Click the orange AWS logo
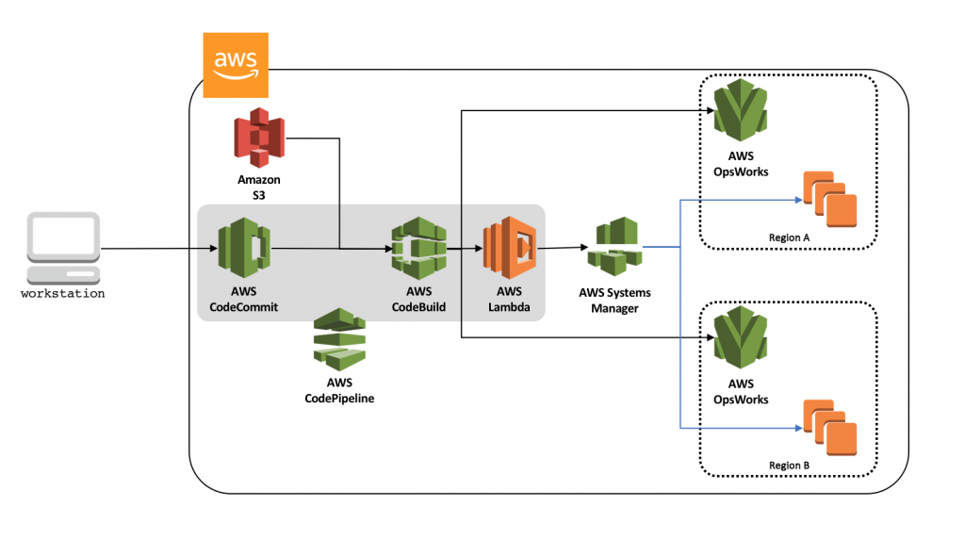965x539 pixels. click(236, 65)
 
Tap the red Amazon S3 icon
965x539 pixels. click(259, 138)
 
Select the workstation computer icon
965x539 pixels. click(63, 247)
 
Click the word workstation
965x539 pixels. click(63, 294)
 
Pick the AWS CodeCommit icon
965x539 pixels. click(243, 248)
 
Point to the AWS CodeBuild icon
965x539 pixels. click(418, 248)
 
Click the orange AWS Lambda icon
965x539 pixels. click(509, 248)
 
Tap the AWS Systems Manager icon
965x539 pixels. click(613, 247)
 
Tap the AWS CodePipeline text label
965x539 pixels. click(339, 391)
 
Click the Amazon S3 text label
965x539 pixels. click(259, 187)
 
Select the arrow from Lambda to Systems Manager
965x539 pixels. click(562, 249)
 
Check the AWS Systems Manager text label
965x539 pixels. click(614, 300)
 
